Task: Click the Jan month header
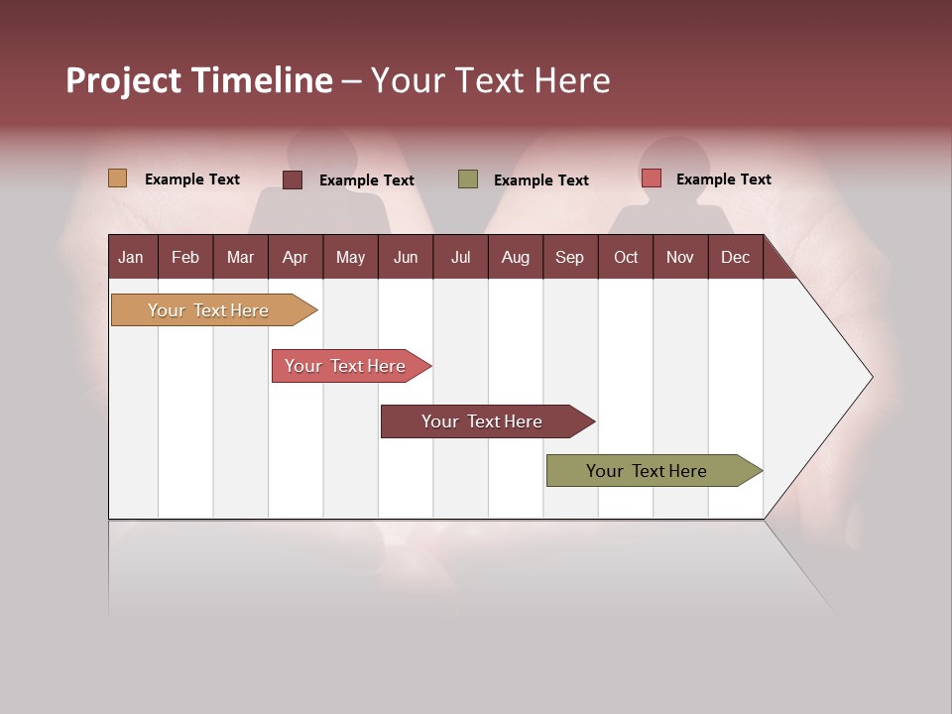pyautogui.click(x=132, y=257)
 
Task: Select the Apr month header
pyautogui.click(x=295, y=257)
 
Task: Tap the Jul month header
pyautogui.click(x=460, y=257)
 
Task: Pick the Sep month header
pyautogui.click(x=569, y=257)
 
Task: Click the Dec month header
pyautogui.click(x=735, y=257)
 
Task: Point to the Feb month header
pyautogui.click(x=185, y=257)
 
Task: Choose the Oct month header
pyautogui.click(x=626, y=257)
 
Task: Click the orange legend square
pyautogui.click(x=117, y=178)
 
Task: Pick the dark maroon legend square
pyautogui.click(x=293, y=179)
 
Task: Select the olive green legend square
pyautogui.click(x=468, y=178)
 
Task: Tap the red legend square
pyautogui.click(x=651, y=178)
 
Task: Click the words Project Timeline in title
pyautogui.click(x=199, y=80)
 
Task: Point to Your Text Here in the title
pyautogui.click(x=490, y=80)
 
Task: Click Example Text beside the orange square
pyautogui.click(x=192, y=179)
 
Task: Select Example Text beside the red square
pyautogui.click(x=724, y=179)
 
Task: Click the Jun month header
pyautogui.click(x=406, y=257)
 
